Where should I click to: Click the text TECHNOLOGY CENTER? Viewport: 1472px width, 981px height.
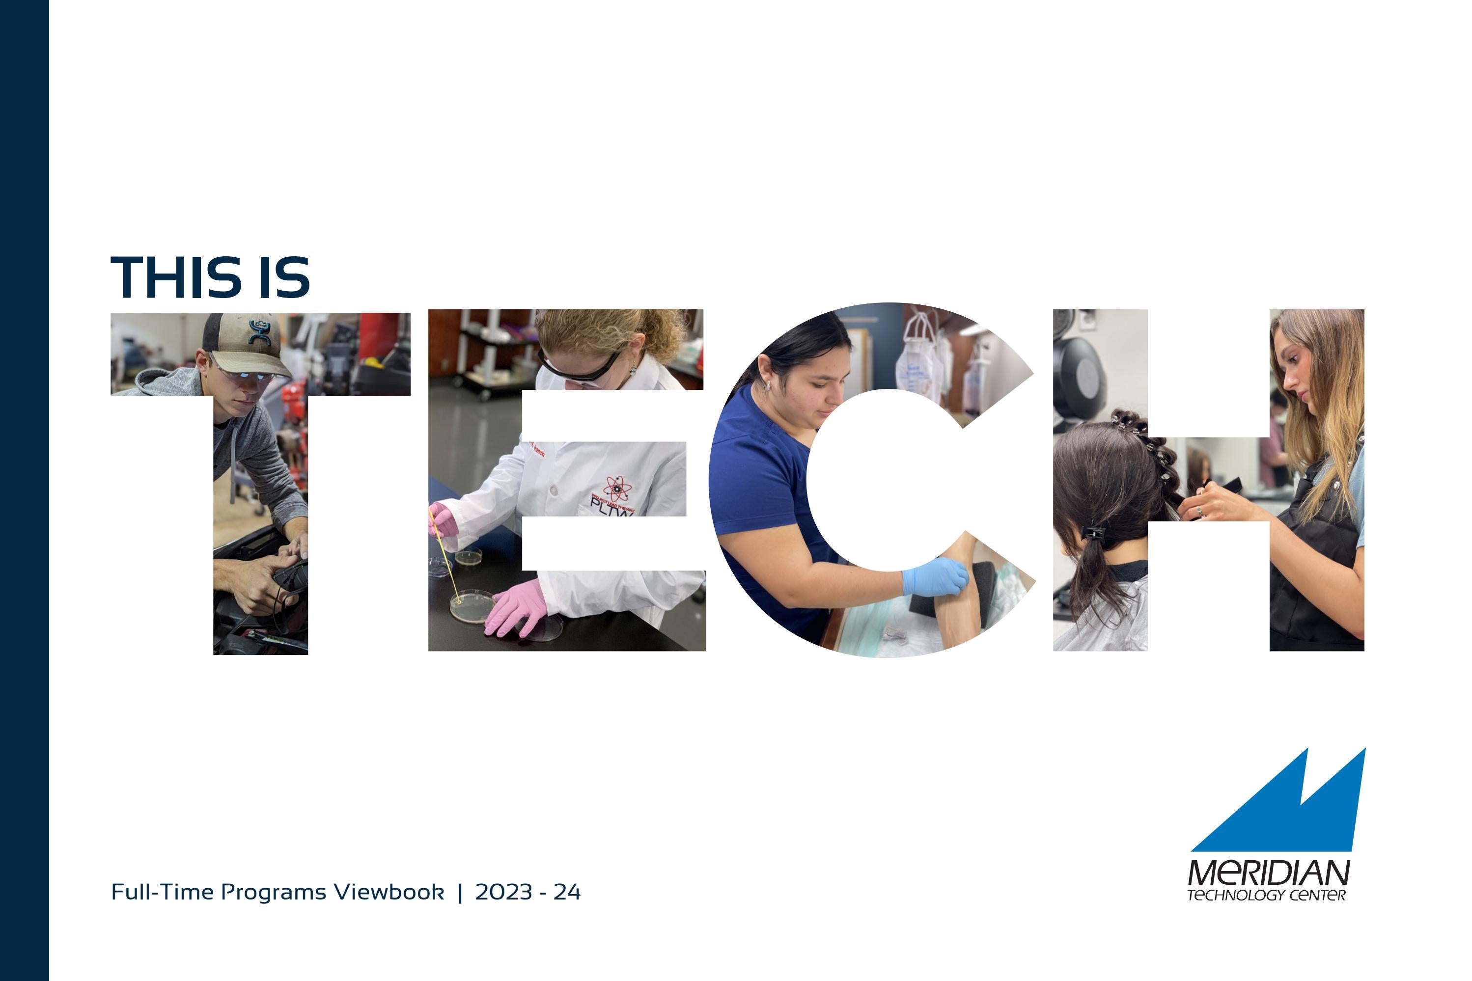tap(1266, 895)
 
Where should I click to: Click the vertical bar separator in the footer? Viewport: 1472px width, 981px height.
tap(460, 892)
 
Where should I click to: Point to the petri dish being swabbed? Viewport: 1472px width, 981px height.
tap(472, 605)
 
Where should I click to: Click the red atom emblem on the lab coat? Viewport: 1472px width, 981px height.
tap(617, 488)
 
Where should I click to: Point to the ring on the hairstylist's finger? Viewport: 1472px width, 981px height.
tap(1199, 512)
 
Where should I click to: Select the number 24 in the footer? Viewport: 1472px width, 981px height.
tap(566, 892)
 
